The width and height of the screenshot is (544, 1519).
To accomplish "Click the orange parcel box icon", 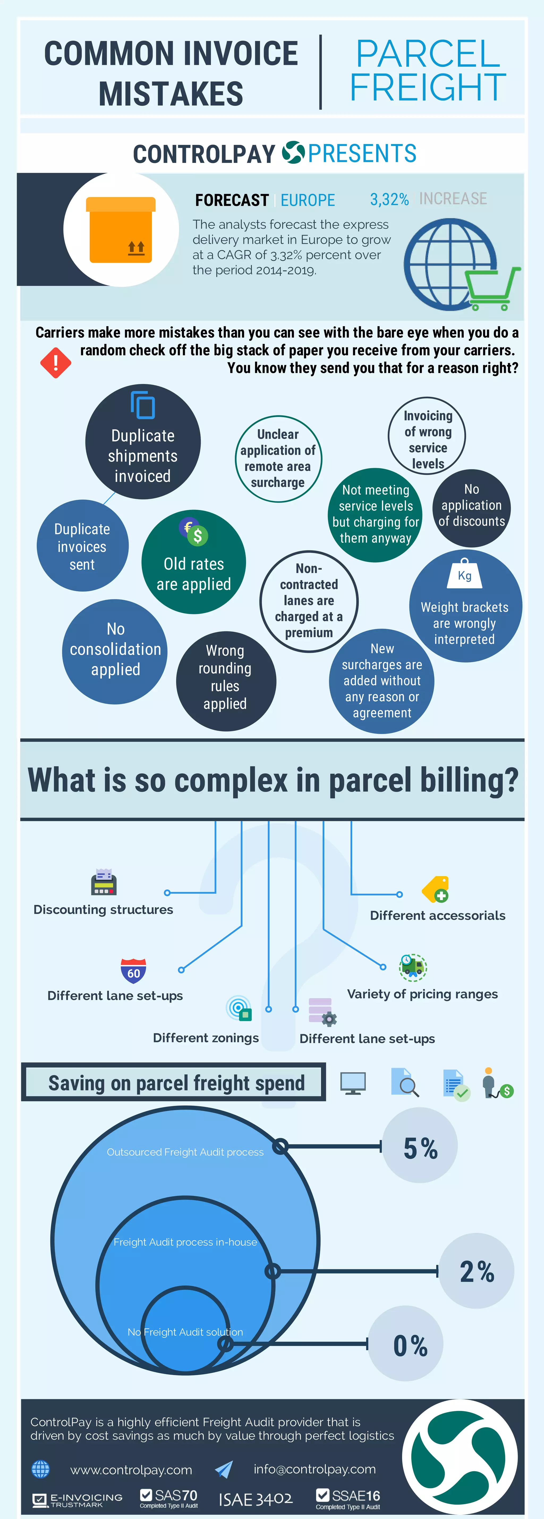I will (x=121, y=230).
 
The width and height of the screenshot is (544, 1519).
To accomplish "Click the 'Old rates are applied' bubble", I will (x=194, y=562).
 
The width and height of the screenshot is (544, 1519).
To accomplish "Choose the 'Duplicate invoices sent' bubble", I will (x=82, y=546).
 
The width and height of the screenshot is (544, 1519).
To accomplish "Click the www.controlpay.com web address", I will (x=131, y=1470).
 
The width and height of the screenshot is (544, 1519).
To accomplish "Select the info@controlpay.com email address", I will (x=314, y=1469).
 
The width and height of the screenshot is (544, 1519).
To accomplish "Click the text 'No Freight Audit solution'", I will (x=185, y=1332).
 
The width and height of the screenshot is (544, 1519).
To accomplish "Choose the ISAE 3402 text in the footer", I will (x=256, y=1499).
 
